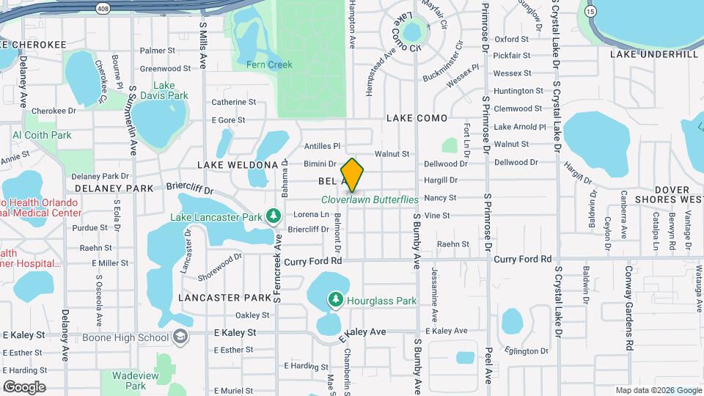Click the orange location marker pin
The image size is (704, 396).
click(x=352, y=175)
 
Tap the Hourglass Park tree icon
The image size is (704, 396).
click(x=336, y=299)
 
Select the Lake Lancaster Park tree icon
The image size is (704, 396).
click(x=274, y=216)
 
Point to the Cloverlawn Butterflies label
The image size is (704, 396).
click(x=370, y=199)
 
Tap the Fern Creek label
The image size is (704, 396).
click(x=269, y=65)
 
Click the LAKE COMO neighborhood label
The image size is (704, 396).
click(x=417, y=117)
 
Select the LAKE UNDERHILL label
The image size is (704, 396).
click(x=654, y=54)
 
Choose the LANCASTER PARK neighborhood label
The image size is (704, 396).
click(x=224, y=298)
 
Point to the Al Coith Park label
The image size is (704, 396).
click(x=42, y=135)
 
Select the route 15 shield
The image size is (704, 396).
click(x=591, y=11)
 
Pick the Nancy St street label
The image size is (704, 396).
click(x=440, y=198)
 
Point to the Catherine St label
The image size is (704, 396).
click(x=233, y=103)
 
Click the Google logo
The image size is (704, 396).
click(x=24, y=387)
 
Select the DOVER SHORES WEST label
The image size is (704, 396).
click(x=659, y=194)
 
